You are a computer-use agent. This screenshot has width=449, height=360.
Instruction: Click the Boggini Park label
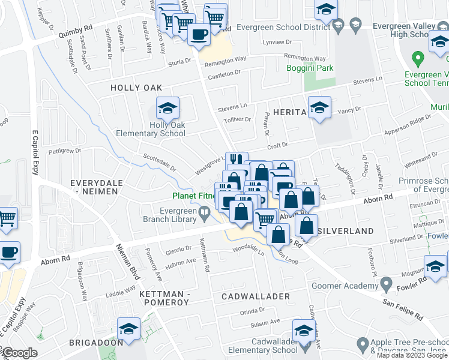pyautogui.click(x=318, y=68)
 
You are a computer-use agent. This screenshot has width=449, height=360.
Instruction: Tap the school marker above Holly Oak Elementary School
pyautogui.click(x=167, y=109)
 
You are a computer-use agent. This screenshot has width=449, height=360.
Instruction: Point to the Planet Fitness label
pyautogui.click(x=194, y=196)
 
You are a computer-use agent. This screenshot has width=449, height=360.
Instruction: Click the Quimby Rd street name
pyautogui.click(x=75, y=31)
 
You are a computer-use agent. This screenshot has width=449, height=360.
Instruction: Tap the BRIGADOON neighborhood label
pyautogui.click(x=95, y=342)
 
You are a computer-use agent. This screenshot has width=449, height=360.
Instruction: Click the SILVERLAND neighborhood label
pyautogui.click(x=348, y=230)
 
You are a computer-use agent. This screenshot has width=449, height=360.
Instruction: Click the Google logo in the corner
pyautogui.click(x=19, y=353)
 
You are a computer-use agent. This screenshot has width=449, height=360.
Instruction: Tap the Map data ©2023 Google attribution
pyautogui.click(x=412, y=355)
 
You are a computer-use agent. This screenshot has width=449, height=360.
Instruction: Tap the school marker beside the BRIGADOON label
pyautogui.click(x=128, y=330)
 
